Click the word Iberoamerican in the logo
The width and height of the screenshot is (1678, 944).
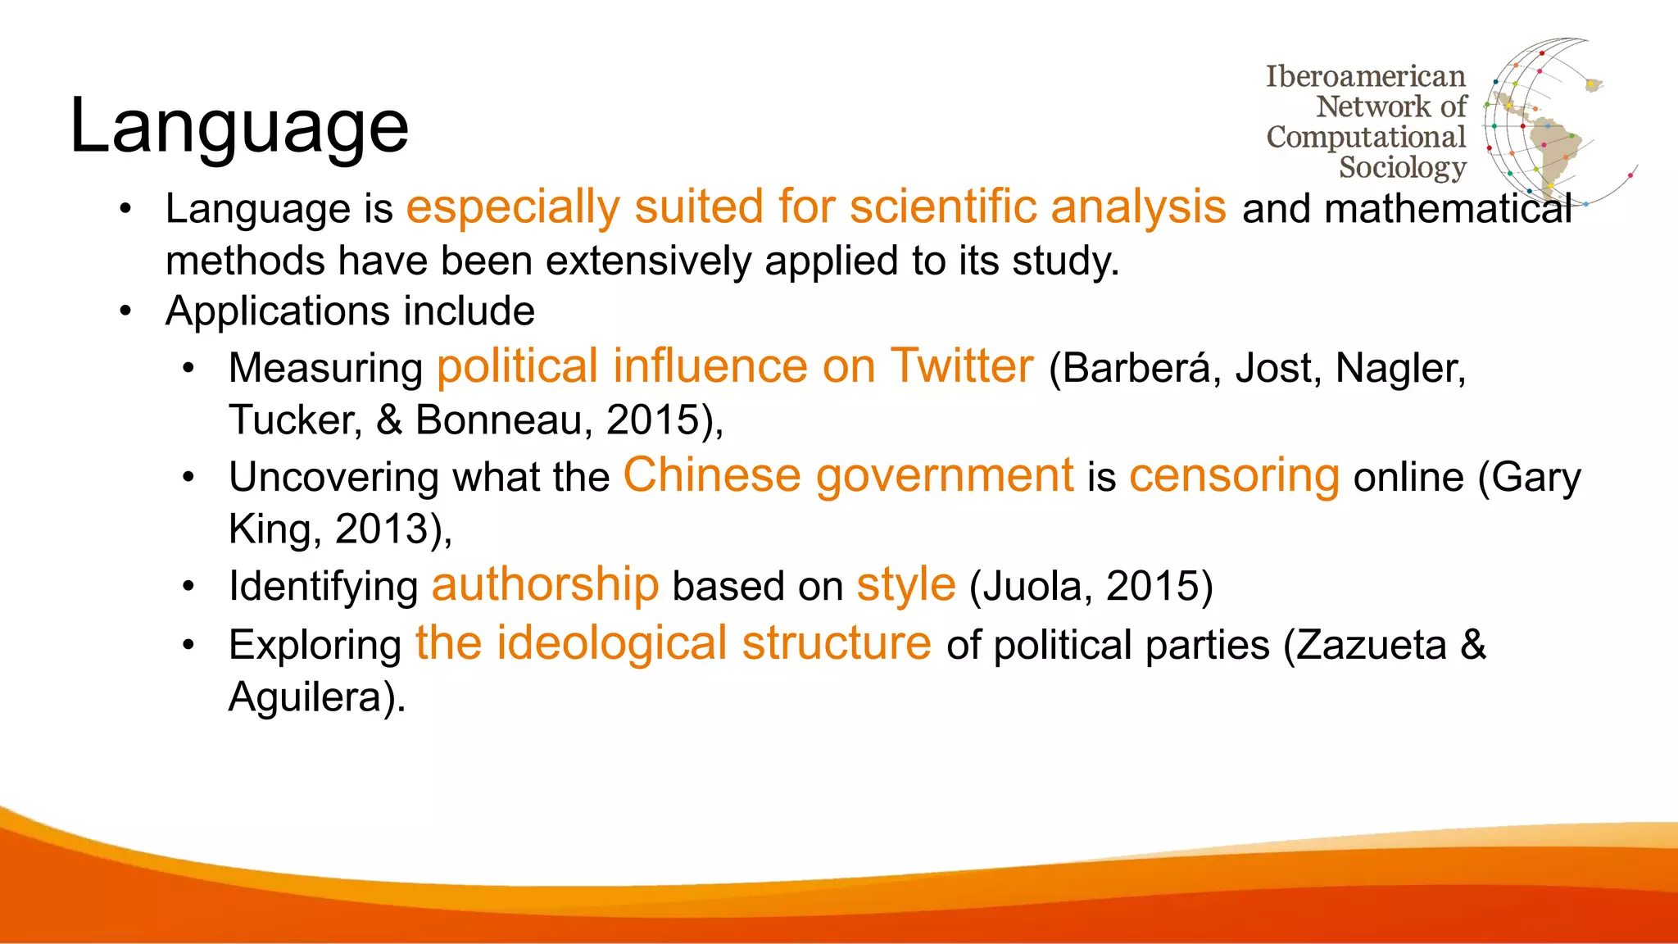point(1365,76)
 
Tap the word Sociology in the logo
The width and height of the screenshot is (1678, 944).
point(1402,167)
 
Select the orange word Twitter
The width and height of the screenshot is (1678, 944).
point(962,365)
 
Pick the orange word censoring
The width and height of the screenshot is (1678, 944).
point(1234,475)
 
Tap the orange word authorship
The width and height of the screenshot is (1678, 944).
point(545,584)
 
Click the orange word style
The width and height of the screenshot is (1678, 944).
point(906,584)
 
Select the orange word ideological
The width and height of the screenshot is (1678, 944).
point(612,643)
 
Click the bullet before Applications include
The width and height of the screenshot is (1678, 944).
point(125,311)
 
